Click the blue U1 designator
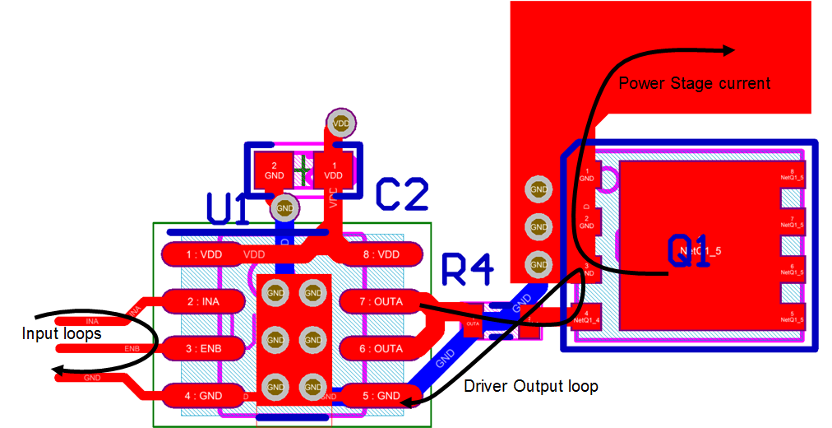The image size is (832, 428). point(228,209)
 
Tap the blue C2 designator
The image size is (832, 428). point(401,193)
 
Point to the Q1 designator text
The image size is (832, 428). point(688,250)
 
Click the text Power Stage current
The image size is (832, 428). point(695,83)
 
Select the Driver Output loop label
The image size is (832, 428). point(530,386)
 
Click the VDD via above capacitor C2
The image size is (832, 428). point(339,123)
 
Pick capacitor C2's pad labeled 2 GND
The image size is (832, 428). point(275,170)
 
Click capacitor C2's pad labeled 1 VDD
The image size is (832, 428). point(334,170)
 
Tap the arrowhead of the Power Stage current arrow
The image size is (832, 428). point(728,50)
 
